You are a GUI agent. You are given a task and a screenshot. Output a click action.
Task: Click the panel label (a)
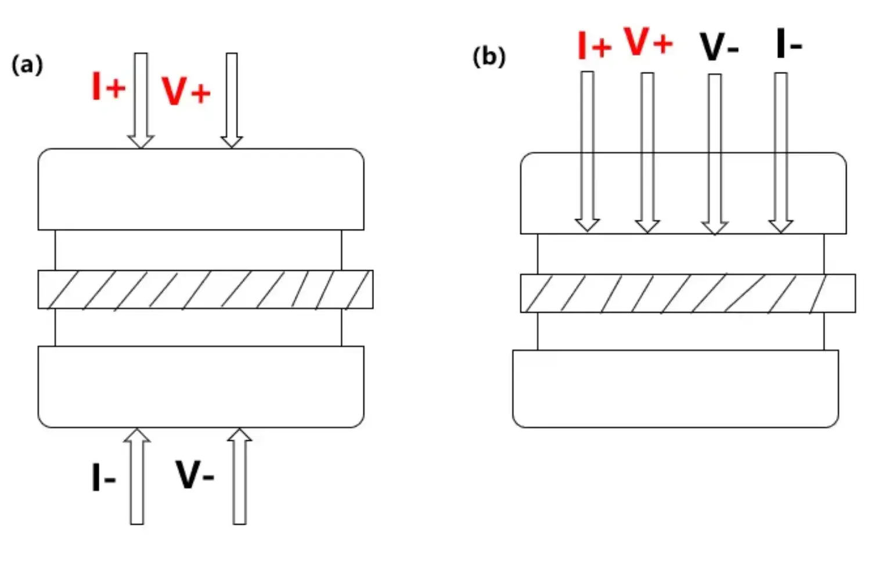click(27, 64)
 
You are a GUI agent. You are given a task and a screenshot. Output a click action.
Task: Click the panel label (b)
click(489, 57)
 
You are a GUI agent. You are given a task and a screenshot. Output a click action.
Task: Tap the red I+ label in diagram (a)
click(109, 87)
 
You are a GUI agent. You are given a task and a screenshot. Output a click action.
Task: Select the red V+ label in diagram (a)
click(185, 91)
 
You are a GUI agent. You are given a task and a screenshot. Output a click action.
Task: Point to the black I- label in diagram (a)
click(103, 478)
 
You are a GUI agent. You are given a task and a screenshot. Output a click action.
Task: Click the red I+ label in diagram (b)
click(594, 45)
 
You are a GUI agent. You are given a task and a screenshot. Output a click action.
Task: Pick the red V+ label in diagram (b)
click(649, 41)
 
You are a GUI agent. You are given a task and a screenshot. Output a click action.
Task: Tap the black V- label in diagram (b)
click(719, 46)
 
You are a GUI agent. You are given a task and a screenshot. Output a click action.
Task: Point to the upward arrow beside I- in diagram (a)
click(137, 476)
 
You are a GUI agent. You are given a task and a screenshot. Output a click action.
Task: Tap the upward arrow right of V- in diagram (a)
click(239, 476)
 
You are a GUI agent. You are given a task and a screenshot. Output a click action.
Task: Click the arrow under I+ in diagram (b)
click(588, 151)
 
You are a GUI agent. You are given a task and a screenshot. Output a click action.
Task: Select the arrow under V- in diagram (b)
click(715, 154)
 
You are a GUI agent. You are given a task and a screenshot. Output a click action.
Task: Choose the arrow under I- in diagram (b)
click(781, 152)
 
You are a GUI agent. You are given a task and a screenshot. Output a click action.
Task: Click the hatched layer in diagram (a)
click(205, 289)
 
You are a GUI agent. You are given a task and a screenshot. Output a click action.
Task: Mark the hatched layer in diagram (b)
click(688, 293)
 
